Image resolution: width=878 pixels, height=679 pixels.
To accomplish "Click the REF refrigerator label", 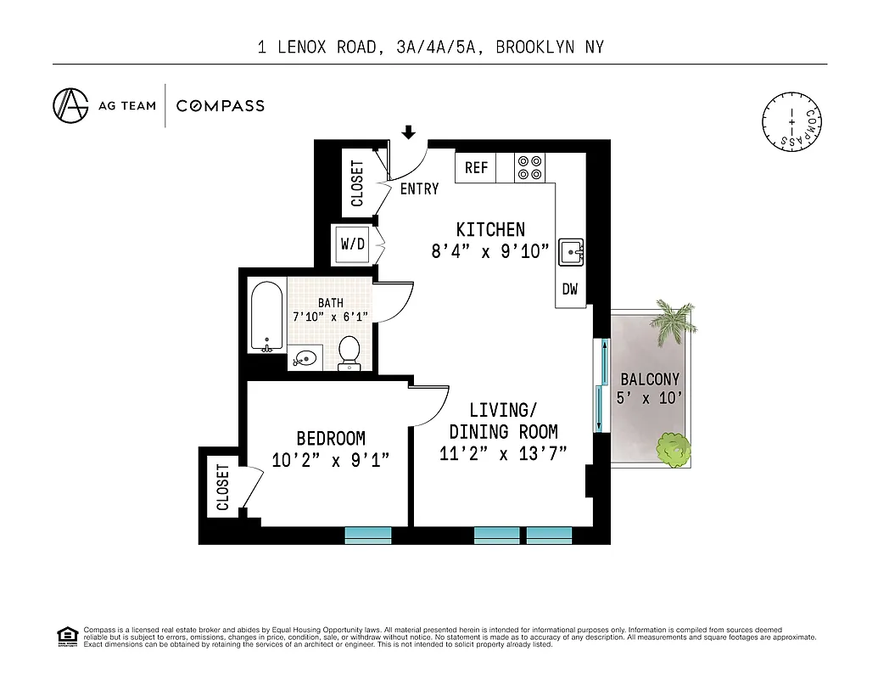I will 477,168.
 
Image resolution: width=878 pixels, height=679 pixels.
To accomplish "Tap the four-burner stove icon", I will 531,167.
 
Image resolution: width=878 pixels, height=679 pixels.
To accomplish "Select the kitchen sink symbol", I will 572,251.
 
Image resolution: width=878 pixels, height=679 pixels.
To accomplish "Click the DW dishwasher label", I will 570,289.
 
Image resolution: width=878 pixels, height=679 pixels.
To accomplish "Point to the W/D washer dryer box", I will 352,244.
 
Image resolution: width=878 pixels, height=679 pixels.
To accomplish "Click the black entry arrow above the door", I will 409,132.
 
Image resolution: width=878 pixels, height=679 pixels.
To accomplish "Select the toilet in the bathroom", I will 349,352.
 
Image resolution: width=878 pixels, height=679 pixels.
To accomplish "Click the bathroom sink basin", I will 305,358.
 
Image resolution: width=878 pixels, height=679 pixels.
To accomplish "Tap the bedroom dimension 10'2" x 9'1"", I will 331,460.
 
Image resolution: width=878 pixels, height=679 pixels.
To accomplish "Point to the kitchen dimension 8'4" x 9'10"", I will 490,251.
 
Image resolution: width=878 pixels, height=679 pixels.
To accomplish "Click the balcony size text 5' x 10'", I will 650,398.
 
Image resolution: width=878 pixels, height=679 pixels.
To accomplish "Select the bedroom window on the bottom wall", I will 368,535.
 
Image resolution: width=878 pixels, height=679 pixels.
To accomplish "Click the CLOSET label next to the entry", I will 357,183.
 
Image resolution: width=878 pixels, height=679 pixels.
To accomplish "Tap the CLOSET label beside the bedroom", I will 223,486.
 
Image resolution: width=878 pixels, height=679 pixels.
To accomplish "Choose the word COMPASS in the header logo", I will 221,106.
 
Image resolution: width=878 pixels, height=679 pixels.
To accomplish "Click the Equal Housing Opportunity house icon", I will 66,636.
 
